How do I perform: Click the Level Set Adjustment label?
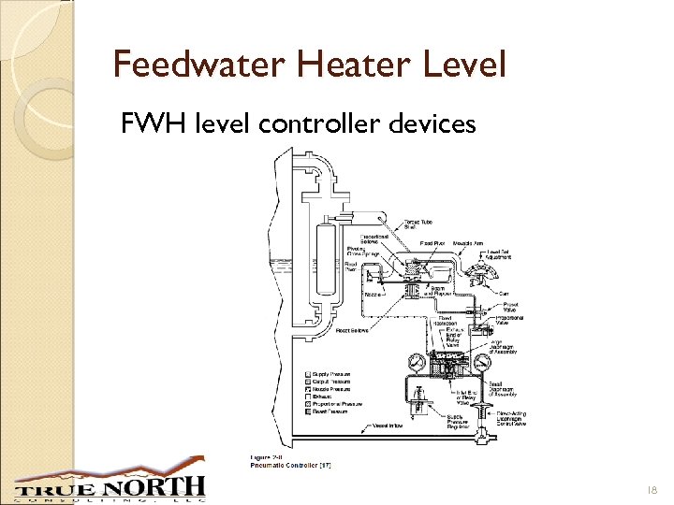coord(499,254)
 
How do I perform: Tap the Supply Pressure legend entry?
coord(337,374)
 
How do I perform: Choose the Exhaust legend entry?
coord(330,397)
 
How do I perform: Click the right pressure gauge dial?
coord(482,362)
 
